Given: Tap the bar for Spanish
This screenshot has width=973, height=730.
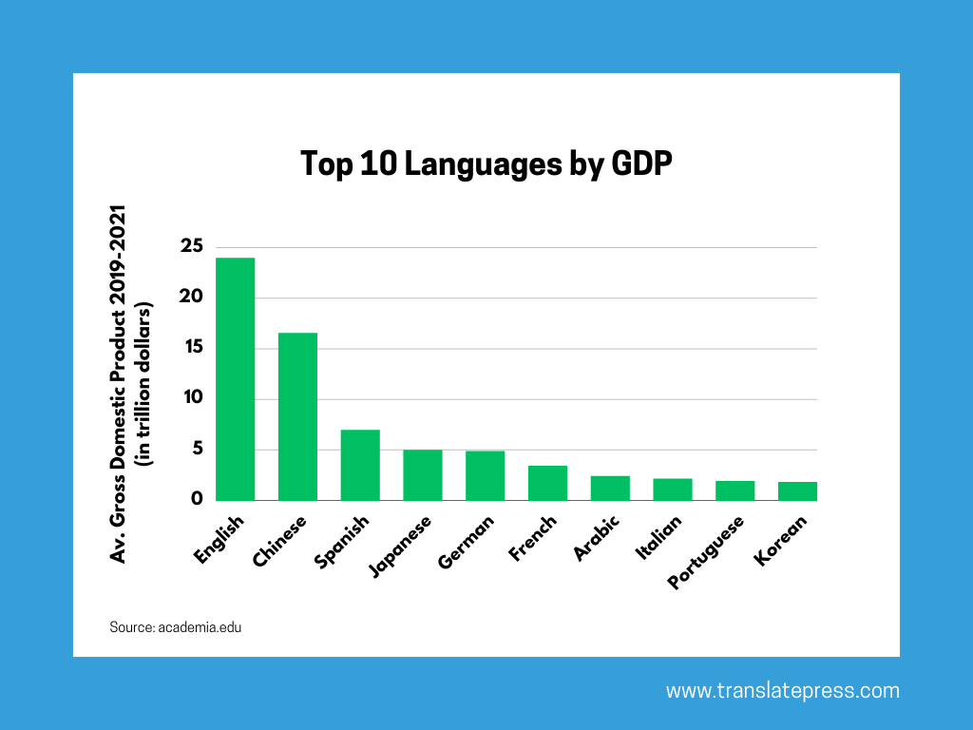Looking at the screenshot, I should (360, 465).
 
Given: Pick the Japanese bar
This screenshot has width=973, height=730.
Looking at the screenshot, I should (422, 474).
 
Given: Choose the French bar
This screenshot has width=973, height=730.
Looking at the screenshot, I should (547, 483).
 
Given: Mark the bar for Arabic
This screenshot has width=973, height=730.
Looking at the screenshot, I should (610, 488).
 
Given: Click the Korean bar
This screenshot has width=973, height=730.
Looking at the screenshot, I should (797, 490).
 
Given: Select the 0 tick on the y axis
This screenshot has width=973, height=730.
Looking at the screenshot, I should (197, 499).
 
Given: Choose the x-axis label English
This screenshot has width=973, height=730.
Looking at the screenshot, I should (219, 539).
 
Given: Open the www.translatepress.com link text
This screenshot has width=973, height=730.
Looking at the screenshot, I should (782, 691).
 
